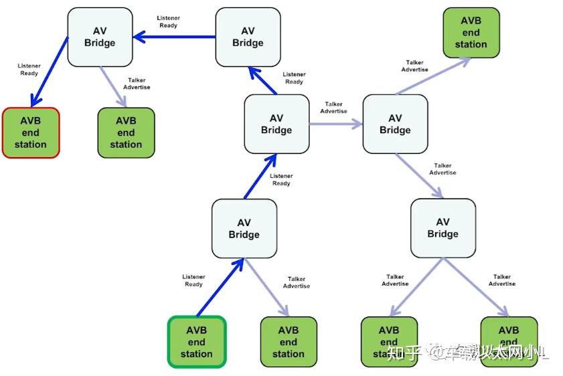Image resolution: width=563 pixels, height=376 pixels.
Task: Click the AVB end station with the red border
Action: (31, 132)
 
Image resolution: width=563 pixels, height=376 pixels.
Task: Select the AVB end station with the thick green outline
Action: (196, 342)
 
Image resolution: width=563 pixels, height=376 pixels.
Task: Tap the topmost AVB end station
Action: (471, 32)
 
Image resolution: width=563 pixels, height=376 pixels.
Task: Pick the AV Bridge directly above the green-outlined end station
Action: (244, 228)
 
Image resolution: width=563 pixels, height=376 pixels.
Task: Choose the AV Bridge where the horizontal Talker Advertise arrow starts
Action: (276, 124)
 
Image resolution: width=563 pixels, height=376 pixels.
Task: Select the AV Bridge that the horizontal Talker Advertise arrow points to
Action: (395, 124)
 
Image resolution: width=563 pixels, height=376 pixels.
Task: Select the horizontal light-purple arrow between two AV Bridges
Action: (335, 124)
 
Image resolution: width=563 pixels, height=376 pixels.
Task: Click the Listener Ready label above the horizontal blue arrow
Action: (168, 21)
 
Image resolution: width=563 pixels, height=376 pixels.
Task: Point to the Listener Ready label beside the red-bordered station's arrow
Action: (29, 69)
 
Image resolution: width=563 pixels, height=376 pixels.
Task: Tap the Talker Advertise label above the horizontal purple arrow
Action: (333, 108)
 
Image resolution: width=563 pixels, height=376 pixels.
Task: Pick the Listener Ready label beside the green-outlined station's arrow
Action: (193, 280)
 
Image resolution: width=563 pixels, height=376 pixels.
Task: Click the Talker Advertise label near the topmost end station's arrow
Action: (415, 66)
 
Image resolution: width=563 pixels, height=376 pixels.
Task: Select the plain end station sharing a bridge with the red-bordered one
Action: (126, 132)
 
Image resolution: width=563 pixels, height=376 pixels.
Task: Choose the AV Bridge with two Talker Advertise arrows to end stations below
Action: (443, 228)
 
